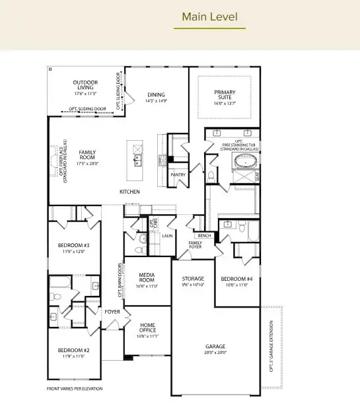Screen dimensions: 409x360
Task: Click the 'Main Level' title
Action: tap(209, 16)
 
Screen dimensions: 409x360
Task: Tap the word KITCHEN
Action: tap(129, 192)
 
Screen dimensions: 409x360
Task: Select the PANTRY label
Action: tap(178, 175)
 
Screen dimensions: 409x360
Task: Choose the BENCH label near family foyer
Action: tap(203, 236)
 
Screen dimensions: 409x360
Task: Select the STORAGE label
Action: tap(193, 279)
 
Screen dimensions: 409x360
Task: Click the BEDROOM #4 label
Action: tap(236, 279)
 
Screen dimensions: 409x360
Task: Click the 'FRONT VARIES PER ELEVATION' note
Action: tap(75, 389)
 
